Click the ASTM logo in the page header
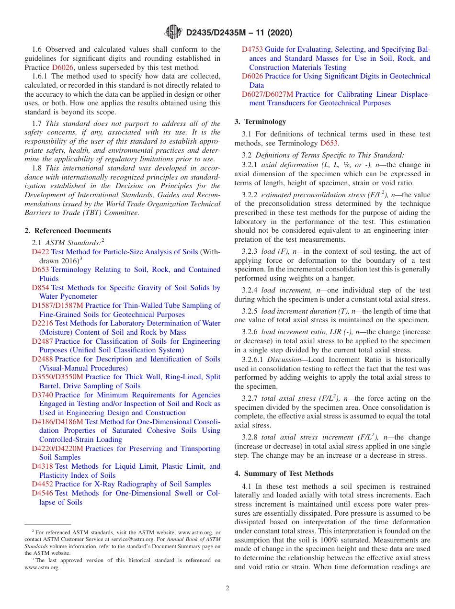point(173,32)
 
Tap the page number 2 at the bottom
point(227,588)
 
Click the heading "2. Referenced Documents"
point(68,231)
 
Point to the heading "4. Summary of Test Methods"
point(284,474)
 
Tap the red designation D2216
point(42,323)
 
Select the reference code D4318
point(42,466)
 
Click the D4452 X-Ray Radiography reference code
point(42,484)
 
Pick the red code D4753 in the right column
point(252,49)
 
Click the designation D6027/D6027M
point(267,94)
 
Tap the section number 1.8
point(37,168)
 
